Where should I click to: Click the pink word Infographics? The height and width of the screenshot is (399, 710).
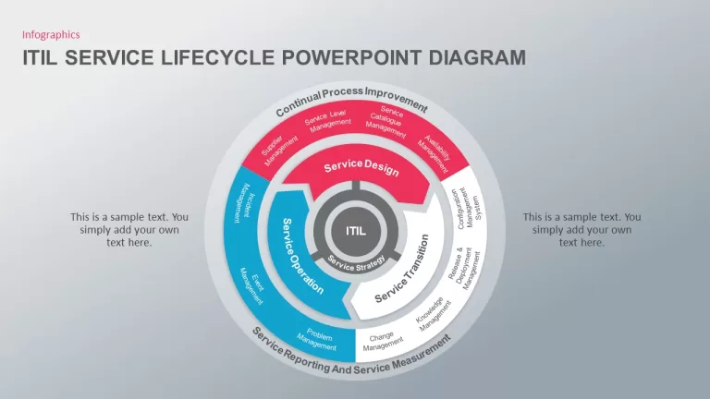(x=51, y=35)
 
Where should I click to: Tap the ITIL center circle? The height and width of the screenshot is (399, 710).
(x=356, y=231)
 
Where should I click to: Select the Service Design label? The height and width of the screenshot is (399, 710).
(x=361, y=167)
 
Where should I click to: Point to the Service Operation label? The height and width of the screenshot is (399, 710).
(x=302, y=256)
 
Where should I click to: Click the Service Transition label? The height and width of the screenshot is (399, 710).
(x=402, y=269)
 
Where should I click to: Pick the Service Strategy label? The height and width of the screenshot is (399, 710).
(x=356, y=264)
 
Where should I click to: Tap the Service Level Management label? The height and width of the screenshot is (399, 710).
(x=328, y=121)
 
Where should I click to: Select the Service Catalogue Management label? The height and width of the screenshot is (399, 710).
(x=387, y=122)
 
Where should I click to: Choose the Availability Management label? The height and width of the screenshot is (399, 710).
(x=435, y=154)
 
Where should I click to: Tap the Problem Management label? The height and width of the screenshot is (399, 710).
(x=318, y=339)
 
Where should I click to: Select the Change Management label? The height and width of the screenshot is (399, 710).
(x=382, y=342)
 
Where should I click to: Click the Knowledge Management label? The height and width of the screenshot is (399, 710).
(x=434, y=314)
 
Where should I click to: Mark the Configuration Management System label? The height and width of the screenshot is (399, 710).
(x=467, y=209)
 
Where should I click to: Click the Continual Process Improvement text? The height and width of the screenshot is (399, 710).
(x=351, y=101)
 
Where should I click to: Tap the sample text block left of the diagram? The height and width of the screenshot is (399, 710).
(x=129, y=230)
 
